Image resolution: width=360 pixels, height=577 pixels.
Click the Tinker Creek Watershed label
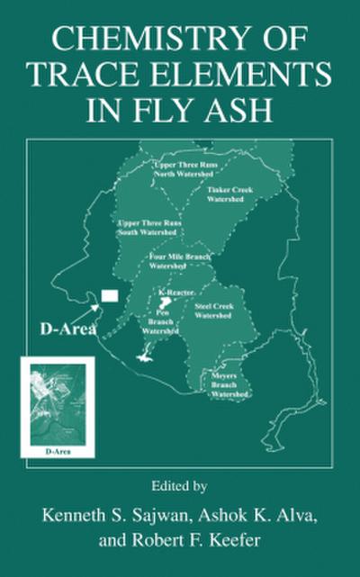pos(229,194)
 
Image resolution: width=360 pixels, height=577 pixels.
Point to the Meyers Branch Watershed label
pos(229,384)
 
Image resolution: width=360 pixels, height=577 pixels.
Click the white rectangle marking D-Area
pos(110,294)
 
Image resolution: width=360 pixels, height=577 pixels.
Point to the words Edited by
pos(180,487)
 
